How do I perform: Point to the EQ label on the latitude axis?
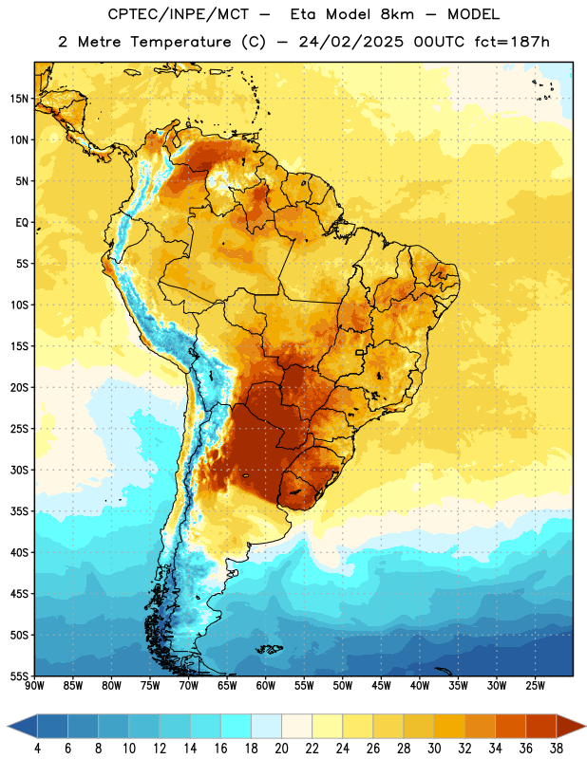click(x=22, y=223)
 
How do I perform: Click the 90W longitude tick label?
click(x=35, y=686)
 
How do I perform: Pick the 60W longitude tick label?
click(x=266, y=686)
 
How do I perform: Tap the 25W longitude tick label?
click(x=536, y=686)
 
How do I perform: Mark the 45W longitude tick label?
click(x=382, y=686)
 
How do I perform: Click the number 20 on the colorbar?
click(x=281, y=749)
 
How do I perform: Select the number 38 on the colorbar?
click(x=557, y=749)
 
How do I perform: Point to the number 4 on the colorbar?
click(x=37, y=749)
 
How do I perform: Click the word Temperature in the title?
click(x=180, y=42)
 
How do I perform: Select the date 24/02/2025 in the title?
click(x=350, y=42)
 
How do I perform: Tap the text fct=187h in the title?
click(x=512, y=42)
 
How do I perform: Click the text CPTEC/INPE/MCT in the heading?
click(x=178, y=14)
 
